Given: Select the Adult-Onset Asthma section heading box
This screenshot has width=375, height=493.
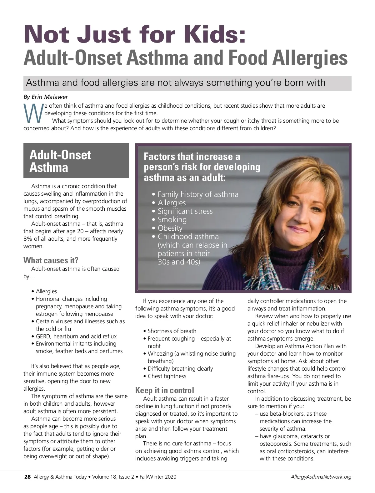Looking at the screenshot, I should tap(76, 161).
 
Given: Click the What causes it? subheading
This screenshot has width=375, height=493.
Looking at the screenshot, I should tap(51, 260).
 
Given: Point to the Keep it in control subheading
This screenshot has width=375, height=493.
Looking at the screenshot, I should tap(164, 390).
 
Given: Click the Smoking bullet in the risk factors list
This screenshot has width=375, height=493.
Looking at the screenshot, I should tap(172, 220).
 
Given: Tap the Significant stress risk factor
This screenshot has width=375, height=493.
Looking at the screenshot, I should tap(185, 211).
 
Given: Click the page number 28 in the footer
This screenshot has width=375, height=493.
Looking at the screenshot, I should tap(27, 477).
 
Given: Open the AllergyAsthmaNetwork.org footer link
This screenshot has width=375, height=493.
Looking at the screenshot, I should tap(321, 477).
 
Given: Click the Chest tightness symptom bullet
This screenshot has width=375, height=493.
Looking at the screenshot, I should tap(167, 376).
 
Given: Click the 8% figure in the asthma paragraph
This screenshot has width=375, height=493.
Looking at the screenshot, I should tap(28, 239).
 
